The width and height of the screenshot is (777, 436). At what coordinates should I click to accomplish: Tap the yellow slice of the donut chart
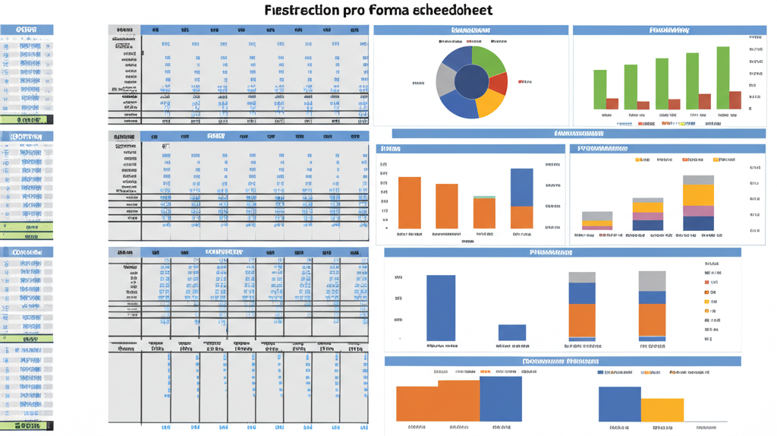click(490, 102)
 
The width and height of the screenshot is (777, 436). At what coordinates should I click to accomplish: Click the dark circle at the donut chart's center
click(471, 81)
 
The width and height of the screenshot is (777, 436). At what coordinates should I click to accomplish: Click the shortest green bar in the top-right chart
click(600, 89)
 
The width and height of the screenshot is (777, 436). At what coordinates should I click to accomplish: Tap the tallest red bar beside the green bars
click(735, 100)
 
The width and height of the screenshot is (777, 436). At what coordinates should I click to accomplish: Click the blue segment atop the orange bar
click(521, 187)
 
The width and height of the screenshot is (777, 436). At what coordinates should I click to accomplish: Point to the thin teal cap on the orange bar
click(484, 197)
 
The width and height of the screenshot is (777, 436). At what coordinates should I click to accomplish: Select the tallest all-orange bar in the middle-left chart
click(410, 202)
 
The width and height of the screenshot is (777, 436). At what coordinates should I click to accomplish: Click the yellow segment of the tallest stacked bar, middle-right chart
click(698, 196)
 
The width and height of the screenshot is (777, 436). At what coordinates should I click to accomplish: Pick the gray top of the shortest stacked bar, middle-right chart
click(596, 216)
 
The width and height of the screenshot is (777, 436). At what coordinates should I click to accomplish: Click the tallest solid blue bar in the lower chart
click(441, 307)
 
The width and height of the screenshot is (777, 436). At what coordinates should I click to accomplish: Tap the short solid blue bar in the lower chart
click(511, 332)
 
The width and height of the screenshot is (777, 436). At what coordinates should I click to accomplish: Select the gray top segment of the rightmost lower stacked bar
click(652, 281)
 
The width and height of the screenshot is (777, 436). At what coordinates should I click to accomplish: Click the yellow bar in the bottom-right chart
click(662, 410)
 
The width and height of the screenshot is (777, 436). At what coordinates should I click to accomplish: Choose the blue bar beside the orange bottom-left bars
click(501, 399)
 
